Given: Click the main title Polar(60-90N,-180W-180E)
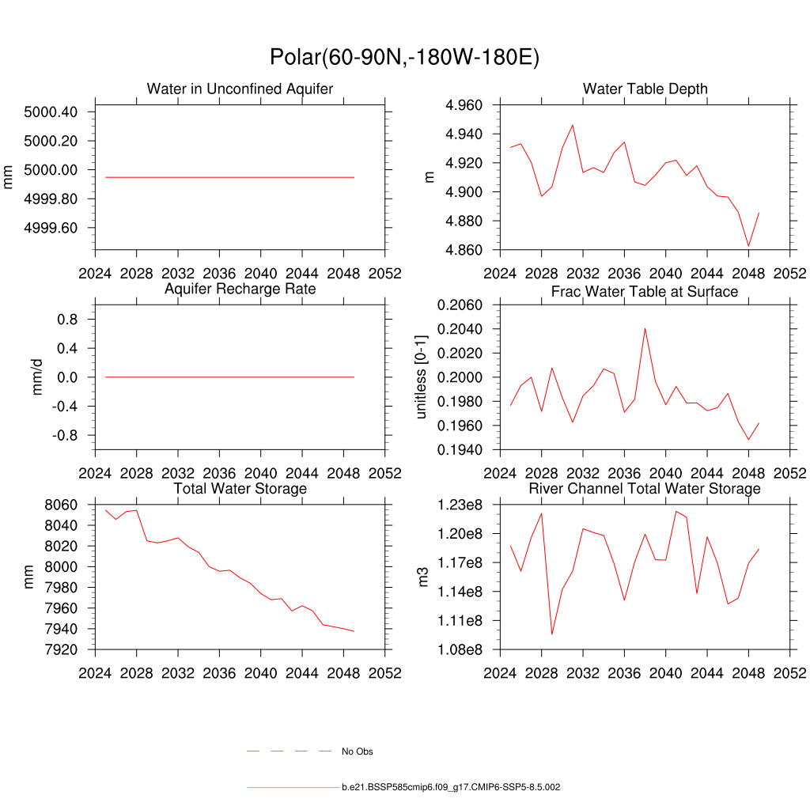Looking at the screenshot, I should pos(404,58).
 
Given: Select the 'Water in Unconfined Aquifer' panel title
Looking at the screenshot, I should pos(240,89).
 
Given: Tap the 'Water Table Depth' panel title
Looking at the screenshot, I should pos(645,89).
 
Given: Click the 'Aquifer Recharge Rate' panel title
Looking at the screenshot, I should pos(240,289).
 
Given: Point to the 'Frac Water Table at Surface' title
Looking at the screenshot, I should pos(645,292).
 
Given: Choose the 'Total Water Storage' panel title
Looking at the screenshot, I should pos(240,489).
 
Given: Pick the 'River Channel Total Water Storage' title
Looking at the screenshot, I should pos(645,489).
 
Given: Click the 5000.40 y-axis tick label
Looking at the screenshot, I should pos(51,112).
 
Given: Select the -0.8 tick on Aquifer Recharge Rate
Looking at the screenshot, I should pos(62,436).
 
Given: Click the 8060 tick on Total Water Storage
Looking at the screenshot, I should pos(62,505).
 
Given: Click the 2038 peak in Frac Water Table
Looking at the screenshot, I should pos(645,328).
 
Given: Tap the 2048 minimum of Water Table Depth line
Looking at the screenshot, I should pos(748,246).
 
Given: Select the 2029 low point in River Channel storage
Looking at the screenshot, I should pos(551,634).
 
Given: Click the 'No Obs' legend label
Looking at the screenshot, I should pos(357,751).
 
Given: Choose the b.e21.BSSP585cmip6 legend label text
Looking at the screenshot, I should pos(451,788).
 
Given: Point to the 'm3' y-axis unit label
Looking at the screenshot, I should pos(422,577).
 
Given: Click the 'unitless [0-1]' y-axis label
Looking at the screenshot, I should pos(422,377).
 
